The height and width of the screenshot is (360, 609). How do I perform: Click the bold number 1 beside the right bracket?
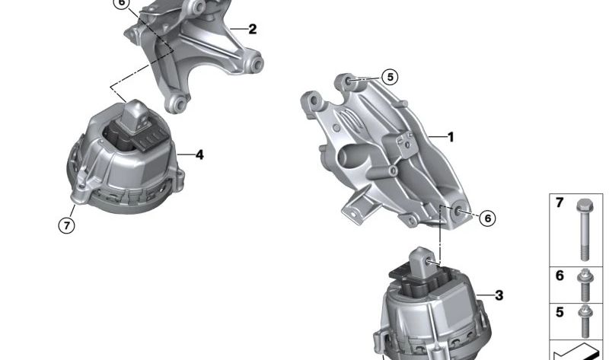451,137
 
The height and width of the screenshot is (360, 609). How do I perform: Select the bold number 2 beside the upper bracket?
253,29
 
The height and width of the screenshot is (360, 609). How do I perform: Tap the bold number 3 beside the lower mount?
499,295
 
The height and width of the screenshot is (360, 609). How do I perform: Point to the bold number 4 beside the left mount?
199,155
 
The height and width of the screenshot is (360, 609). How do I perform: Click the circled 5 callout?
390,77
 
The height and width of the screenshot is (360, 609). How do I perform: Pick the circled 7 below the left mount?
66,225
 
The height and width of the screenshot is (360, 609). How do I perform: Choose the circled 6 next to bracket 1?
487,218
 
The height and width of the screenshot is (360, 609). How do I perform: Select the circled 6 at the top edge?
122,4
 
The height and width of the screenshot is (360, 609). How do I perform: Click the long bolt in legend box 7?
585,230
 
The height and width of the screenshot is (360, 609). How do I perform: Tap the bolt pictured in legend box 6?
585,285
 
